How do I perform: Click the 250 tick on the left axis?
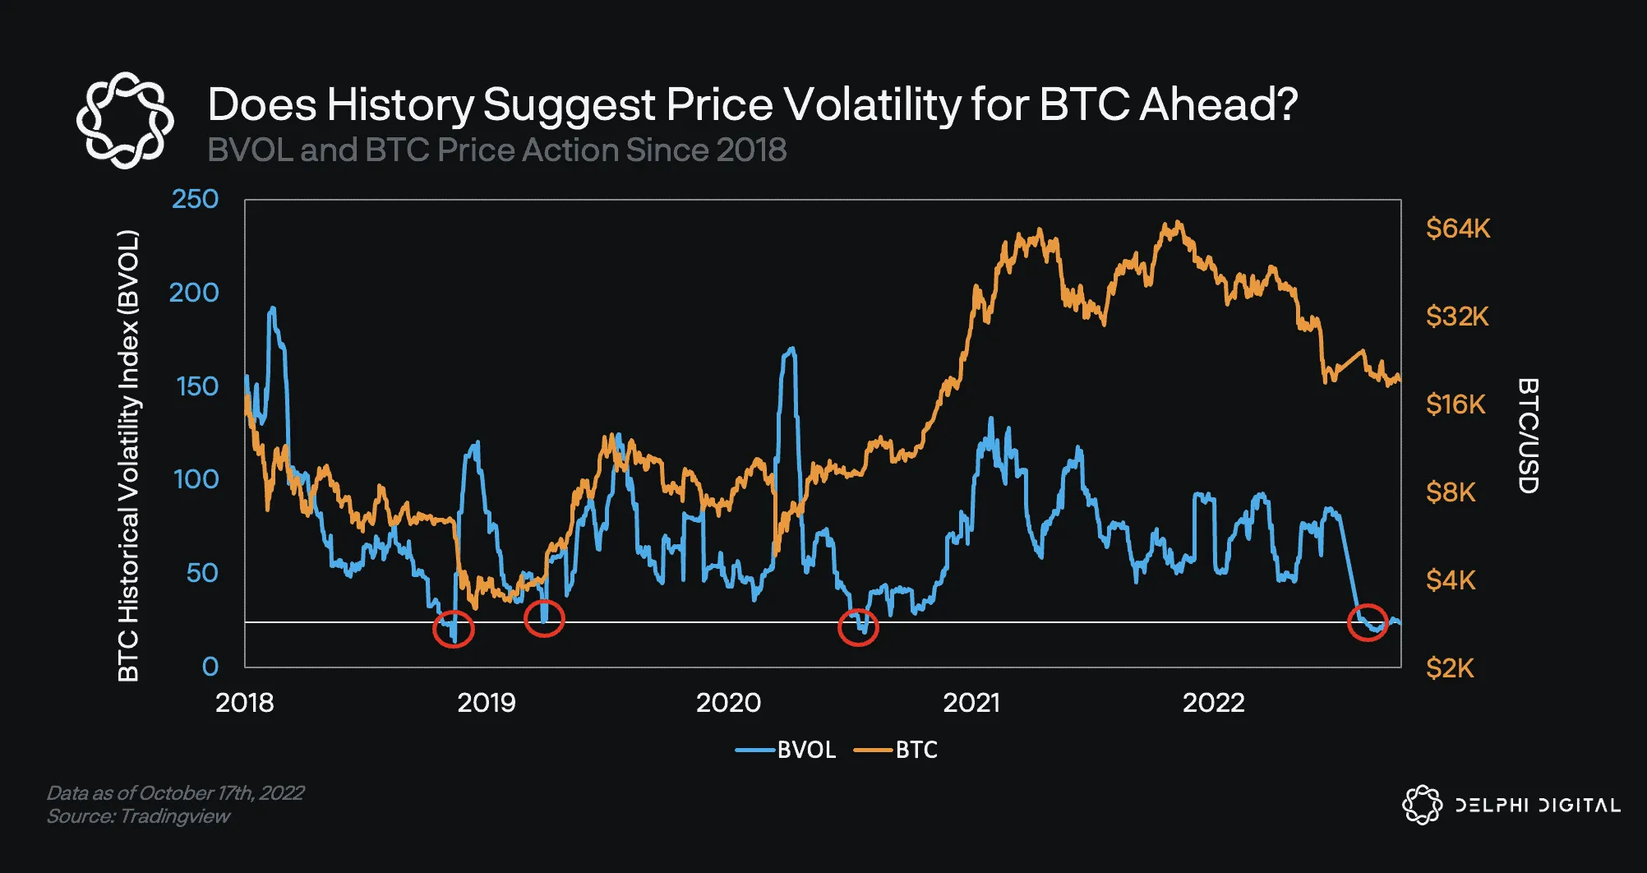[195, 200]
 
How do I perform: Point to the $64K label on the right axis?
[1457, 229]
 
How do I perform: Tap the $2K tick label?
[1450, 668]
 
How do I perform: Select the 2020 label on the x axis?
[728, 703]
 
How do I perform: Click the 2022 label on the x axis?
[1213, 703]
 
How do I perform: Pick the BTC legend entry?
[897, 750]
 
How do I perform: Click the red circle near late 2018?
[454, 629]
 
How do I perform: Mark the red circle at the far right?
[1368, 622]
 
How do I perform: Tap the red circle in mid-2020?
[858, 628]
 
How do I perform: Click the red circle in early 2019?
[544, 618]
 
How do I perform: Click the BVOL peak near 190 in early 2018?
[272, 309]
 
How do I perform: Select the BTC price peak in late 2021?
[1179, 222]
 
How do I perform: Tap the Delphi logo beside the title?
[125, 120]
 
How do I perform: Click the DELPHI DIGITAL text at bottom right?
[1537, 806]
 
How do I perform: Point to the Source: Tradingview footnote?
[138, 816]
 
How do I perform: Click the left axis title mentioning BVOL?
[128, 456]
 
